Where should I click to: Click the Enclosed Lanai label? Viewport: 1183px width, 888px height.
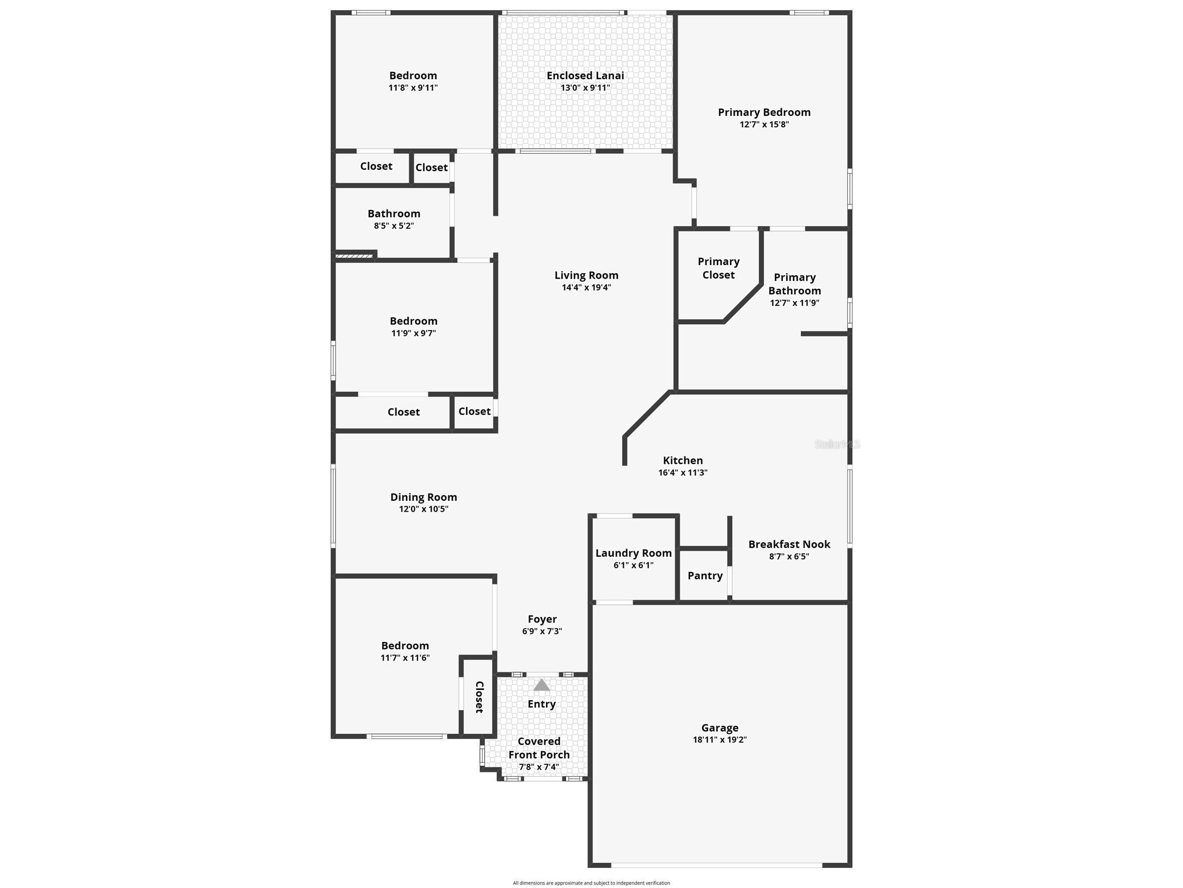click(x=585, y=76)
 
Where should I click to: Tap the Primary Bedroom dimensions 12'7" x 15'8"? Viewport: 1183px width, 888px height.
click(x=764, y=125)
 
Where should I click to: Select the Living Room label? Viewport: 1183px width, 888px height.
click(x=586, y=276)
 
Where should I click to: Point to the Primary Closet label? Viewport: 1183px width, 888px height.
click(x=718, y=268)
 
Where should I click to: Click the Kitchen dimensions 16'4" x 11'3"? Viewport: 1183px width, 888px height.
click(x=683, y=473)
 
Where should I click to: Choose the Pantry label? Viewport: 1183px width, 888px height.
click(x=705, y=576)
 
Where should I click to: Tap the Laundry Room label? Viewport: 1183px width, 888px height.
click(x=633, y=553)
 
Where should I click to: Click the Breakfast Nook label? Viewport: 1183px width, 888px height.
click(x=789, y=544)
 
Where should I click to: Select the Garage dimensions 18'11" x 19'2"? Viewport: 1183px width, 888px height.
click(x=720, y=740)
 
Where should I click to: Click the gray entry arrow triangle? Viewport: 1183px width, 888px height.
click(x=542, y=685)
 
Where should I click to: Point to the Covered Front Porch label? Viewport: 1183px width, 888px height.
click(x=539, y=748)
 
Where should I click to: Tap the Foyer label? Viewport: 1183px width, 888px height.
click(x=542, y=619)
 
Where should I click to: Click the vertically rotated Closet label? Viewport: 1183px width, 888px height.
click(x=479, y=697)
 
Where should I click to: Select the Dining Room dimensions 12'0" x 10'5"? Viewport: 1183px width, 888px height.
click(x=424, y=509)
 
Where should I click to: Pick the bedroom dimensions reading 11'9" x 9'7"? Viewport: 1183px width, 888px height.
click(x=413, y=333)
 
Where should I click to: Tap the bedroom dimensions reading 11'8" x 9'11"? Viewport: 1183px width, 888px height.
click(x=413, y=88)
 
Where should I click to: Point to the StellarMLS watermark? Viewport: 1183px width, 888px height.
click(x=837, y=445)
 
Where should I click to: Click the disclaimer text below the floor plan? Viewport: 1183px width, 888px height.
click(x=591, y=883)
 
